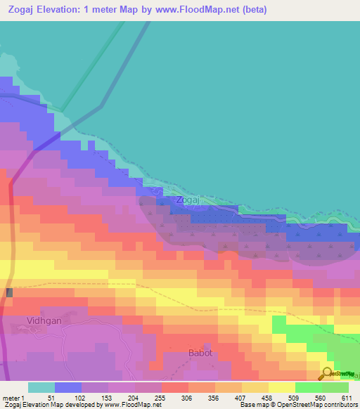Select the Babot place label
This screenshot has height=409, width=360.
coord(200,353)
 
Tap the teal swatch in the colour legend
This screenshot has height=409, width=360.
coord(41,387)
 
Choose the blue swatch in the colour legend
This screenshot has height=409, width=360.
coord(68,387)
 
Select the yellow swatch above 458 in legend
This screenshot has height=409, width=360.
coord(255,387)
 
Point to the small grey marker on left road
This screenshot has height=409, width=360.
coord(9,292)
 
